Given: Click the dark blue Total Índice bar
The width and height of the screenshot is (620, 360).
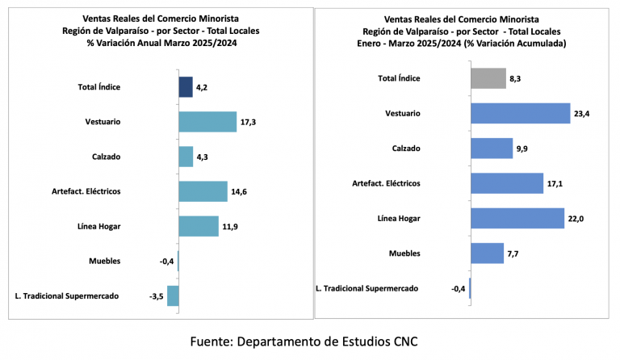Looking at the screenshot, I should pyautogui.click(x=186, y=86).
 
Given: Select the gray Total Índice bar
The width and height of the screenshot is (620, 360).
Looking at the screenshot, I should pyautogui.click(x=488, y=78).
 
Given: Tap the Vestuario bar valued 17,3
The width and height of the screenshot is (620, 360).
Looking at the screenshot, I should pyautogui.click(x=207, y=122).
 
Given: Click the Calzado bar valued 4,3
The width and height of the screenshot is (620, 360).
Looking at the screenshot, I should pyautogui.click(x=186, y=156).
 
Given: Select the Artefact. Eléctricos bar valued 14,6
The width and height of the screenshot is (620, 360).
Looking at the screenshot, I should pyautogui.click(x=203, y=190).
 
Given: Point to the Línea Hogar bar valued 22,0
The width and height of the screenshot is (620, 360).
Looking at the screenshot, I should pyautogui.click(x=517, y=218).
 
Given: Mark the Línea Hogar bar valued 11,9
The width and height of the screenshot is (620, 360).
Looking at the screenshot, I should pyautogui.click(x=199, y=225).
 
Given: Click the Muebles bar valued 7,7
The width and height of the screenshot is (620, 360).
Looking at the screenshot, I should pyautogui.click(x=487, y=253).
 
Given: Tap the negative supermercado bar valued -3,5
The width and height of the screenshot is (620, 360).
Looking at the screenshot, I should pyautogui.click(x=173, y=295).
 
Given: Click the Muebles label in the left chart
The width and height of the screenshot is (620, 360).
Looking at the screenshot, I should pyautogui.click(x=105, y=261).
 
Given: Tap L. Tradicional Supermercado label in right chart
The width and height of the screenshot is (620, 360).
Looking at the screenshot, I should pyautogui.click(x=367, y=288).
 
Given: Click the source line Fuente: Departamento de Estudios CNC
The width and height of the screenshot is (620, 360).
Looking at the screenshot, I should pyautogui.click(x=304, y=341).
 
